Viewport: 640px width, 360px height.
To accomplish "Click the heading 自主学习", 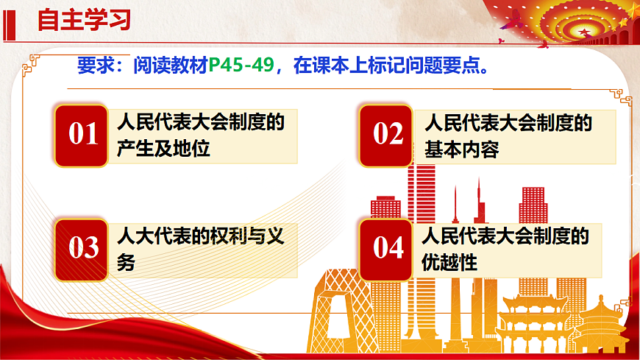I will (x=84, y=20).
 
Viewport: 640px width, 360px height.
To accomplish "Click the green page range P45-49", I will (x=241, y=66).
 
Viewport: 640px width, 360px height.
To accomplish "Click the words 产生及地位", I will (x=163, y=149).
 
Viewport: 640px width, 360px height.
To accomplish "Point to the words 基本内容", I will (x=461, y=150).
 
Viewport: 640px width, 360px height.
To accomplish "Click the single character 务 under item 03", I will (x=127, y=263).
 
